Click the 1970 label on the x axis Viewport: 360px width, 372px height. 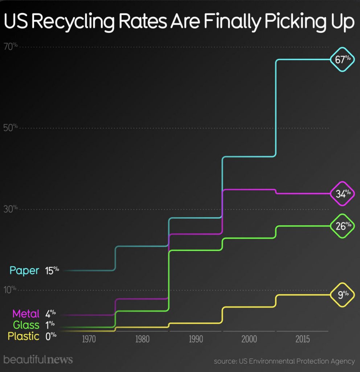pos(89,340)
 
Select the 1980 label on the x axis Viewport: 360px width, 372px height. pos(143,340)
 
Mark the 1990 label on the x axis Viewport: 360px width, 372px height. pos(196,340)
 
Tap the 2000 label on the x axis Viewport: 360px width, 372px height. pos(249,340)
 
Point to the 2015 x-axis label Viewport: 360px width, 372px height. pos(303,340)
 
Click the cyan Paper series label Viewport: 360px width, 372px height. pos(24,271)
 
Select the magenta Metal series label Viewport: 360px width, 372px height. pos(26,314)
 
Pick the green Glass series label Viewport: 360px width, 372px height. pos(26,324)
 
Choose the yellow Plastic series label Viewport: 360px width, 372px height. pos(24,336)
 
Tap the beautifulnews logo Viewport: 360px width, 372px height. pos(38,360)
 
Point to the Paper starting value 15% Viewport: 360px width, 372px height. pos(52,271)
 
